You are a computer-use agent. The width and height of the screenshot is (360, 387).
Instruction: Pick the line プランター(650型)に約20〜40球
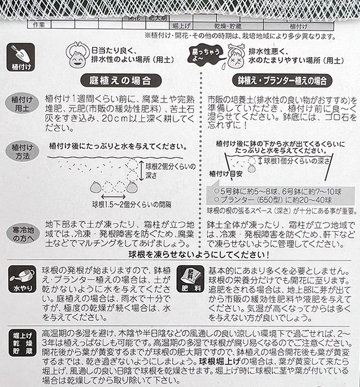(x=273, y=200)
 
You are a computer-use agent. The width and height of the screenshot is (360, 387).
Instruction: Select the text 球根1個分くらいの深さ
(x=293, y=161)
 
